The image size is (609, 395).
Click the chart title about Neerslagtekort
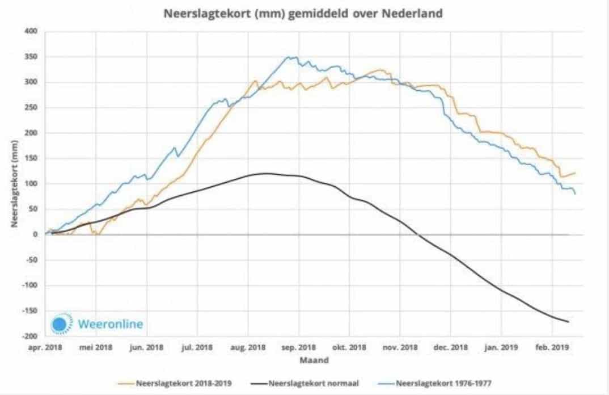coord(302,13)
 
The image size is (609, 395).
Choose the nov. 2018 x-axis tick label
coord(400,347)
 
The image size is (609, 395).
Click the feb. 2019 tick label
coord(552,347)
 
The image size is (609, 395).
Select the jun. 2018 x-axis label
coord(146,347)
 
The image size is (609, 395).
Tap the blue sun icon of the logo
coord(60,323)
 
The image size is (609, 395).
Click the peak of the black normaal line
coord(264,173)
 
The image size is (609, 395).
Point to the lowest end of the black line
coord(568,322)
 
